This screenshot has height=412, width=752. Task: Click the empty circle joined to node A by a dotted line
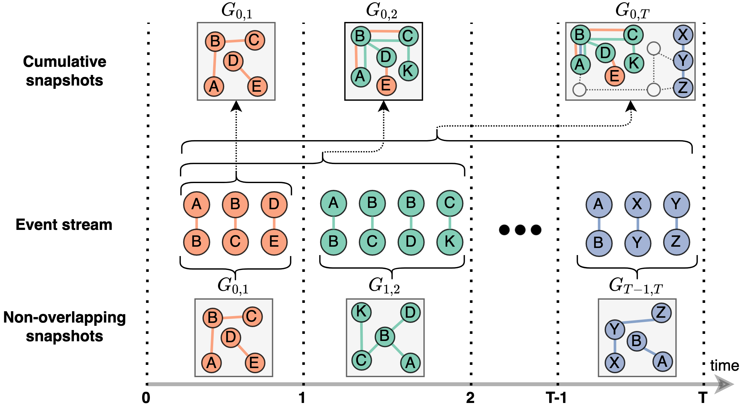579,90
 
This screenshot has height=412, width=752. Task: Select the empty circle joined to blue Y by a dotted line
654,48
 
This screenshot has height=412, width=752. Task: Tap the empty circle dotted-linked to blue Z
654,90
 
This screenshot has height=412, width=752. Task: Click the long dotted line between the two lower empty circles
616,90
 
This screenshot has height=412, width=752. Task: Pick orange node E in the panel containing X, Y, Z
614,76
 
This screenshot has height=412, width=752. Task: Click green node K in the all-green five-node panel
361,312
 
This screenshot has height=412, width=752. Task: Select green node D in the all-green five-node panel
410,312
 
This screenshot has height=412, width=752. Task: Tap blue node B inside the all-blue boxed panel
637,341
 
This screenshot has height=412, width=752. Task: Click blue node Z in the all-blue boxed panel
661,313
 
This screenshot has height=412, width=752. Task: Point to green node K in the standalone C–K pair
450,242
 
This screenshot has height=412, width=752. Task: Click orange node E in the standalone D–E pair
274,242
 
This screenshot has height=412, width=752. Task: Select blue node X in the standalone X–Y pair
637,204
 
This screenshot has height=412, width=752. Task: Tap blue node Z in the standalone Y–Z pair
676,242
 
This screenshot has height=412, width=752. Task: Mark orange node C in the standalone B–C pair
235,242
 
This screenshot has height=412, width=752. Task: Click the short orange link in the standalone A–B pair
196,223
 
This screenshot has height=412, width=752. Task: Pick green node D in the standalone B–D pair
411,242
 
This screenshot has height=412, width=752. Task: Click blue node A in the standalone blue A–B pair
599,204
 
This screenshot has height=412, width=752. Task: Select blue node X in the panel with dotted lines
683,35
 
